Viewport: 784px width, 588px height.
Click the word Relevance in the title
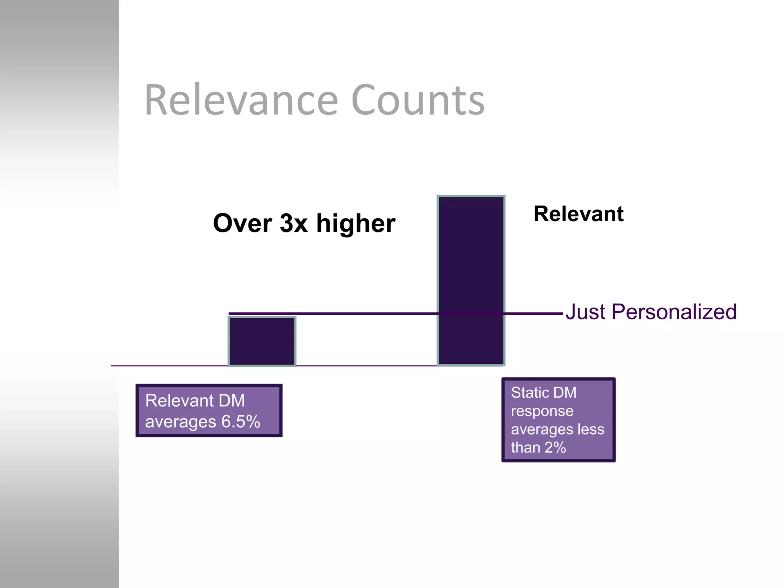click(241, 100)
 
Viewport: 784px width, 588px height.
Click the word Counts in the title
click(418, 100)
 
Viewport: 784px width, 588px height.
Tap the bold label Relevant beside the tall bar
click(578, 214)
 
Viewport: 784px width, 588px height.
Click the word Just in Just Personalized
click(585, 312)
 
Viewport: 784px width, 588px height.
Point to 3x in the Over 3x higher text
click(294, 223)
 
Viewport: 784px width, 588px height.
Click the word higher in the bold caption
click(356, 223)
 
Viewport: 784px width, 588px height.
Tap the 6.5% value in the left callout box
click(241, 421)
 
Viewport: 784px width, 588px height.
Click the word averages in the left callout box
click(181, 422)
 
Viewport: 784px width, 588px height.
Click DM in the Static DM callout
click(565, 393)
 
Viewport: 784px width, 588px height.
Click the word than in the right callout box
click(525, 448)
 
